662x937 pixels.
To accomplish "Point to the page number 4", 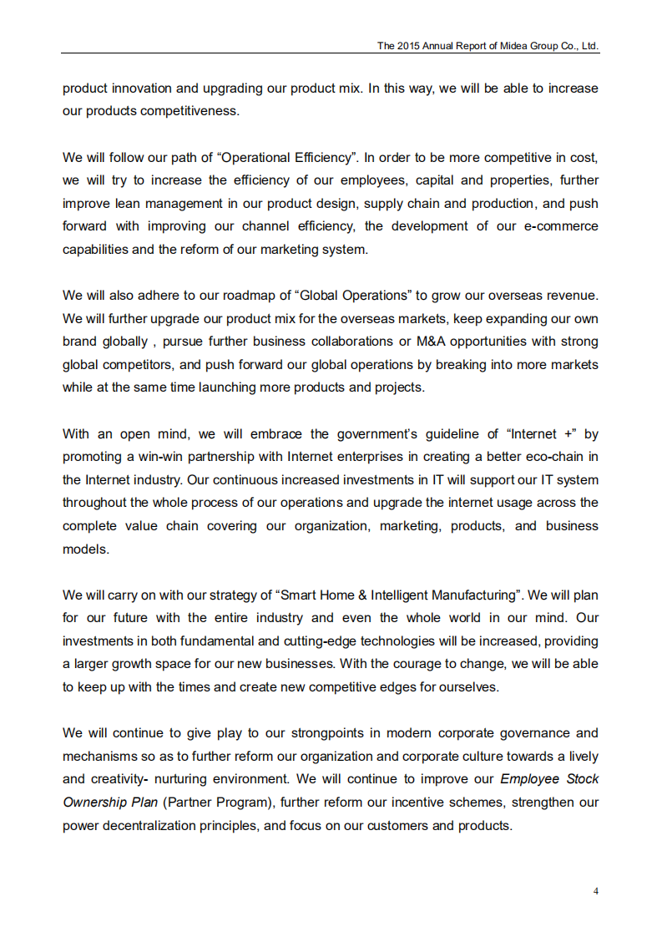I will pyautogui.click(x=595, y=890).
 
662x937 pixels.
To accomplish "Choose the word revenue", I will pyautogui.click(x=572, y=296).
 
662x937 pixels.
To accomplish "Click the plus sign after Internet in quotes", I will pyautogui.click(x=569, y=433).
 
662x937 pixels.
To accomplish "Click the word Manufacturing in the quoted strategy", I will pyautogui.click(x=475, y=595).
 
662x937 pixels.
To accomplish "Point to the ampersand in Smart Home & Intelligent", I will pyautogui.click(x=363, y=595).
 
